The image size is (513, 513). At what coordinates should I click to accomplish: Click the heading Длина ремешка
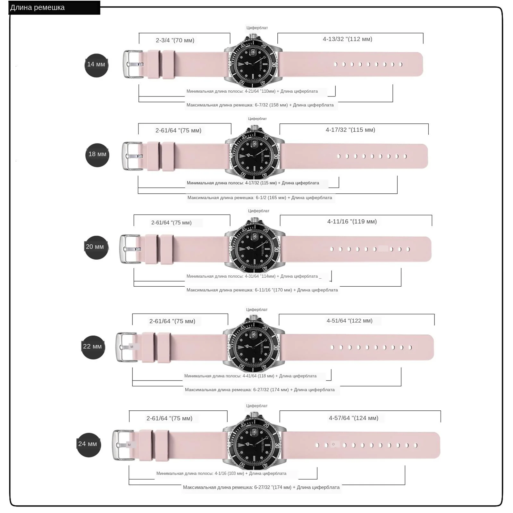(x=38, y=8)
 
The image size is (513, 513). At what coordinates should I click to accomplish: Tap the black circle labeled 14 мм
(x=97, y=65)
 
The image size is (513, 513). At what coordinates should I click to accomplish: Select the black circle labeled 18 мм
(x=97, y=155)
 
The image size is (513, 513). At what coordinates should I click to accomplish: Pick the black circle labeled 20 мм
(x=96, y=247)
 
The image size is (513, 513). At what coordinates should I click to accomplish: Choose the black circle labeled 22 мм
(x=93, y=347)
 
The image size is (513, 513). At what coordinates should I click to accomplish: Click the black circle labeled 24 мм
(x=89, y=444)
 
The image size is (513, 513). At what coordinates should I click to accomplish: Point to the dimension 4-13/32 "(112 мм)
(x=348, y=39)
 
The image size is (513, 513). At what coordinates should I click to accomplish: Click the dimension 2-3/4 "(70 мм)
(x=175, y=40)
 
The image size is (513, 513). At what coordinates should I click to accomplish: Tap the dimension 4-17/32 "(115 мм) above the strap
(x=350, y=130)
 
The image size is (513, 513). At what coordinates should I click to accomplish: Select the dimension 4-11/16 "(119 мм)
(x=352, y=222)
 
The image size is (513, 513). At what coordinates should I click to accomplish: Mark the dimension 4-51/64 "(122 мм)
(x=349, y=321)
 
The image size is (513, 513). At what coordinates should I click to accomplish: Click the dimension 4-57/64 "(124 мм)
(x=354, y=418)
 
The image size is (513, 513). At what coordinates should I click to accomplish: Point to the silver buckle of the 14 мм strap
(x=133, y=64)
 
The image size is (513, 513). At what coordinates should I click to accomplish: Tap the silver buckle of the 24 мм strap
(x=123, y=445)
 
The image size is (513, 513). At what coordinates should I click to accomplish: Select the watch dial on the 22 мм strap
(x=254, y=347)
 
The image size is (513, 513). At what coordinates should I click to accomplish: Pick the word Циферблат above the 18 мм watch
(x=257, y=119)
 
